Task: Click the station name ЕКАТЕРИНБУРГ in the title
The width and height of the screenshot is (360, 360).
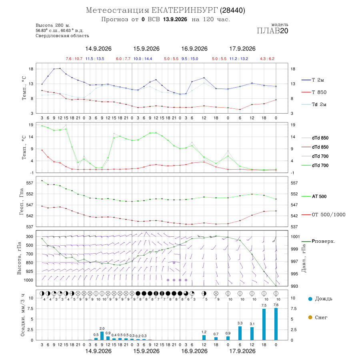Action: point(184,10)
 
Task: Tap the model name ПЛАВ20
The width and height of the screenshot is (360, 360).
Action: point(272,31)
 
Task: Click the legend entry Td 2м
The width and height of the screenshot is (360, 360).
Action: point(314,104)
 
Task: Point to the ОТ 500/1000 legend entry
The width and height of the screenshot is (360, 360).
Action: point(323,215)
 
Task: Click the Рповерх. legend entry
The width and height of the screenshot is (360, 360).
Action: point(318,241)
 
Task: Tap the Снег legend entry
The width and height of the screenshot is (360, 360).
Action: point(318,317)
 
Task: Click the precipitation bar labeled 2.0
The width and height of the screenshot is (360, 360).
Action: point(102,336)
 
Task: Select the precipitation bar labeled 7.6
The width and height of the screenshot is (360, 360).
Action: point(276,324)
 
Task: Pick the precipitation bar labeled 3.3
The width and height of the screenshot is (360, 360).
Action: point(240,333)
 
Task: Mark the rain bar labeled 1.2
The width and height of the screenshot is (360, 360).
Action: point(204,338)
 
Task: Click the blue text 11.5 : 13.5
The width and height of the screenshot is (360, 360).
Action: point(95,59)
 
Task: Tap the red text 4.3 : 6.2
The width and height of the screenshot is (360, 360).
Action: point(267,59)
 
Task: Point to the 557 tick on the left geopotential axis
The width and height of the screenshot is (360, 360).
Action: point(30,183)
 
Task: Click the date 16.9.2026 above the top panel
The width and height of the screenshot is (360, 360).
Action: point(194,49)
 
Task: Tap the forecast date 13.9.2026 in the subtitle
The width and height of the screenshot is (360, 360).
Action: point(175,20)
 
